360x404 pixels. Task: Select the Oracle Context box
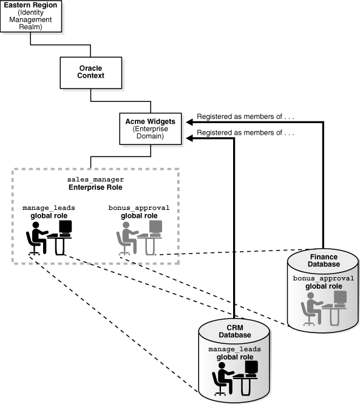click(x=90, y=72)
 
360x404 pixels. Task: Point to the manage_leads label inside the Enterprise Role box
click(x=49, y=207)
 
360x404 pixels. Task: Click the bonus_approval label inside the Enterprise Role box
click(x=139, y=207)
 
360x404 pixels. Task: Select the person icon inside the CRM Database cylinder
click(x=222, y=379)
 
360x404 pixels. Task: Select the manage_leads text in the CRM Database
click(x=233, y=350)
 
